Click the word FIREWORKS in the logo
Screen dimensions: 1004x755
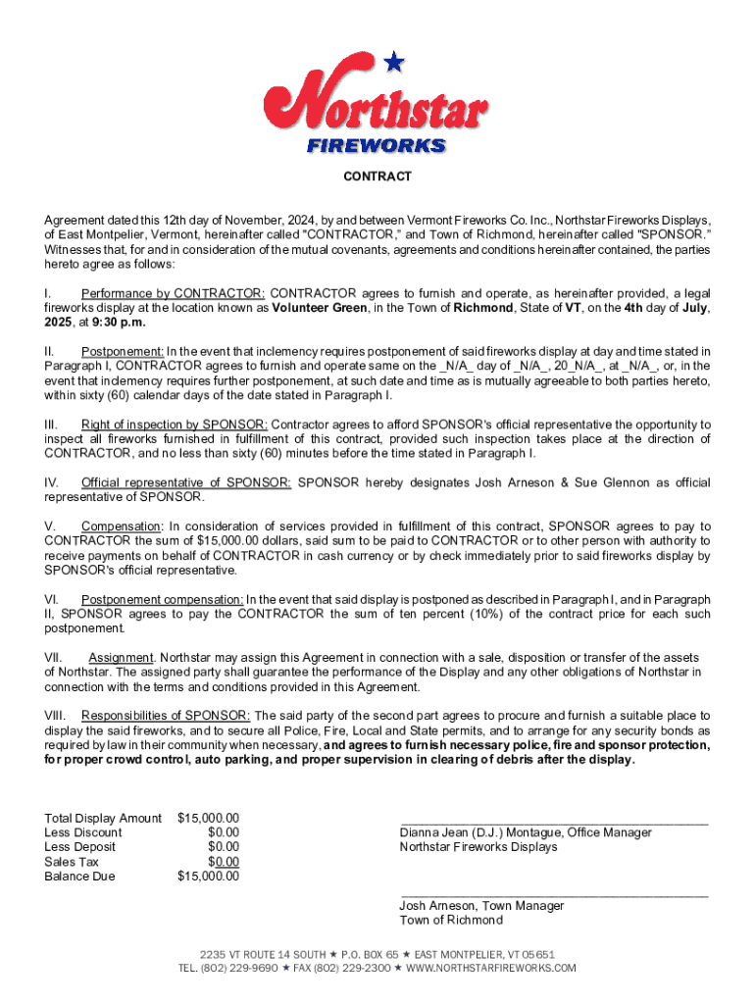click(377, 146)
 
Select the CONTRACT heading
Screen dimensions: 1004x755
click(377, 176)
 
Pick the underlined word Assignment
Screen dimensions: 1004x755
click(120, 657)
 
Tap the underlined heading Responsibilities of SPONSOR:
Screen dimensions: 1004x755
click(166, 716)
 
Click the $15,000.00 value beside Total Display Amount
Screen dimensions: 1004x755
click(208, 818)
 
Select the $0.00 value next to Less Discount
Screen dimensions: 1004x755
click(223, 832)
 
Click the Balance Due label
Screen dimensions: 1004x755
click(79, 877)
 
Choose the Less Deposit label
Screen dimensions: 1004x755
click(79, 847)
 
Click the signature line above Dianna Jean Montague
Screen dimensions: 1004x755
click(553, 822)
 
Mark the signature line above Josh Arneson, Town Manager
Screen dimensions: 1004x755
click(553, 895)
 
